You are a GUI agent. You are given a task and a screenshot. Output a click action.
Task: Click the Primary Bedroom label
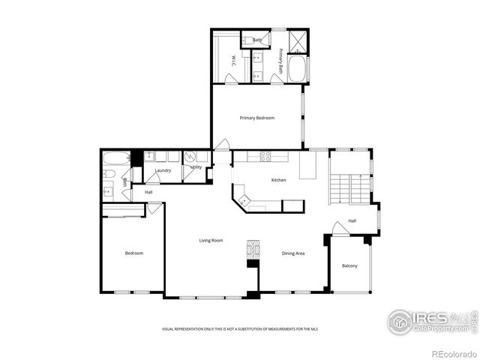256,118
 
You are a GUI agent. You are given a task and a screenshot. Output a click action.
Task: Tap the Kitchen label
278,180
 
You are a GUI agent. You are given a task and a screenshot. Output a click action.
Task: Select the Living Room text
211,240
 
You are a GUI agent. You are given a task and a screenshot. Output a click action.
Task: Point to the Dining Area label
292,253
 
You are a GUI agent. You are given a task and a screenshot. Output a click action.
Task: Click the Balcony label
349,266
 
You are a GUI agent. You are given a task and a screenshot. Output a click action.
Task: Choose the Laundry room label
163,170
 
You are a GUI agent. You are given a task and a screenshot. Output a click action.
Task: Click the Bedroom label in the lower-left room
133,253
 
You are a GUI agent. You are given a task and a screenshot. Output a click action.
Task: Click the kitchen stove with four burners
265,156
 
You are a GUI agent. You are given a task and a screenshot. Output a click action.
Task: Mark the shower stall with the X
297,40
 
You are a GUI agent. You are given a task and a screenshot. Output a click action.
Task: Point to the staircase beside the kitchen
341,189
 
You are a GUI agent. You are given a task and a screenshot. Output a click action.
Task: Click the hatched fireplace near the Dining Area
253,250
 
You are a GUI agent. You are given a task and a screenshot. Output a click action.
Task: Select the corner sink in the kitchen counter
241,199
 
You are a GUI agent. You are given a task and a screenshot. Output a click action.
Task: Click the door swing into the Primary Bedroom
222,144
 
